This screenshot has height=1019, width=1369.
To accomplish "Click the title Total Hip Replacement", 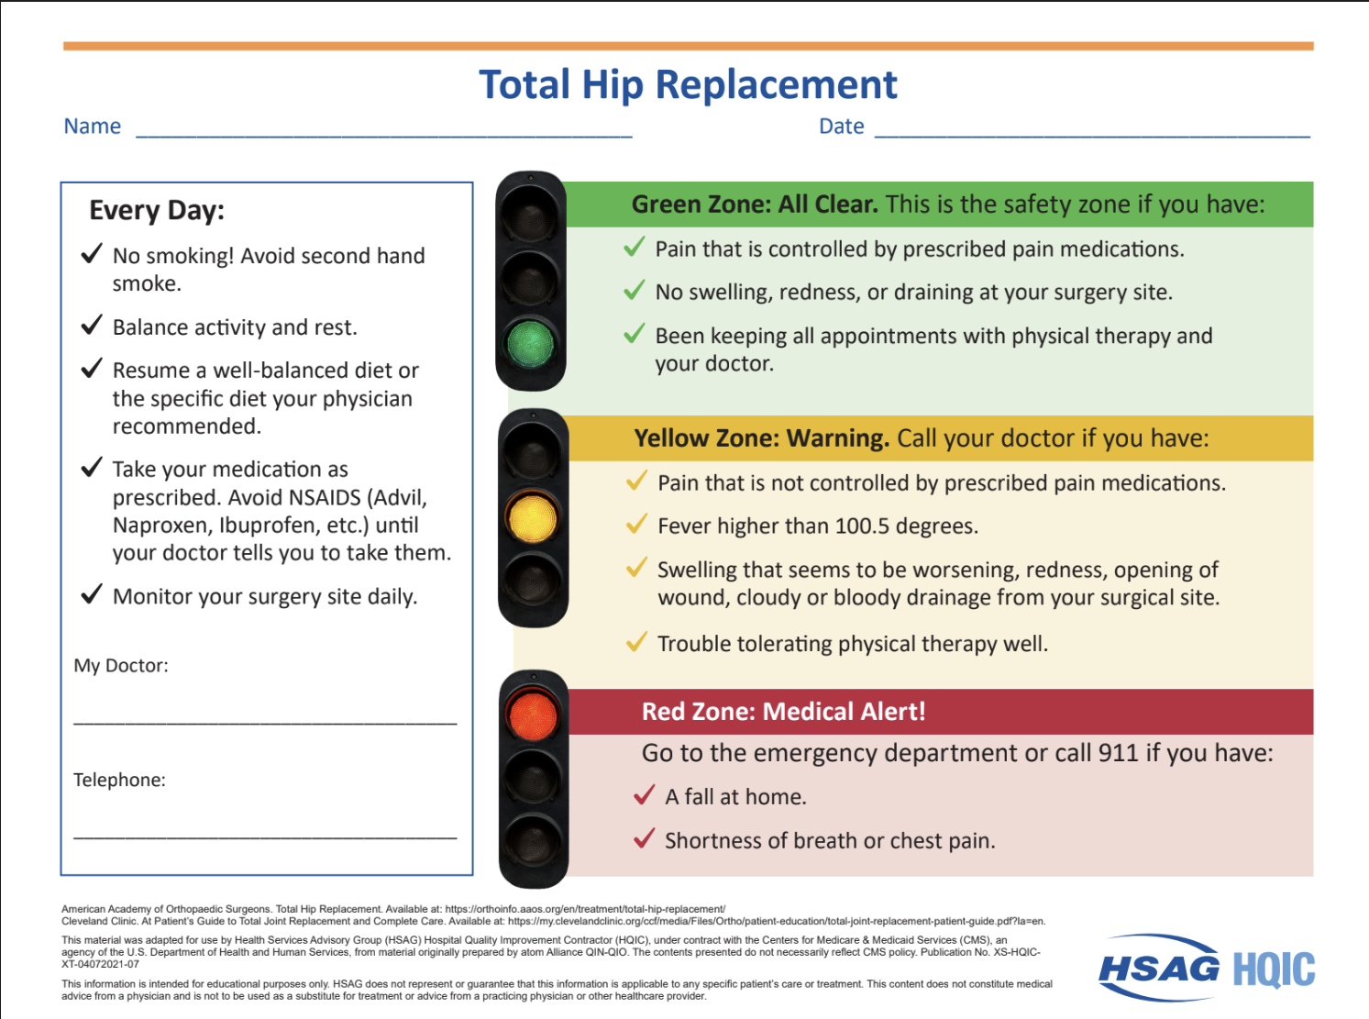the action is pos(688,84).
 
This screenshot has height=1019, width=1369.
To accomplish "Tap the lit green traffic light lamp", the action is pos(530,343).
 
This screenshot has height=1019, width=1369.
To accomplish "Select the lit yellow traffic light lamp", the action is pos(532,517).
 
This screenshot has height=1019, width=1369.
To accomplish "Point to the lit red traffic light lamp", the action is pos(532,715).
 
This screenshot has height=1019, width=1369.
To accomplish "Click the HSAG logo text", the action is pos(1159,969).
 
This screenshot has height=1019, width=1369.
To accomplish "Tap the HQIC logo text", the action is pos(1274,969).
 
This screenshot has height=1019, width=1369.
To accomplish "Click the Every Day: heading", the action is pos(157,211).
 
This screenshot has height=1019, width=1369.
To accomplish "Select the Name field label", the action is pos(92,126).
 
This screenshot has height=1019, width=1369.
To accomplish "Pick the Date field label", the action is pos(841,126).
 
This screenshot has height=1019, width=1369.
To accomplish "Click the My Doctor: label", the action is pos(121,665).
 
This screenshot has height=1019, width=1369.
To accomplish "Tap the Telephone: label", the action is pos(120,780).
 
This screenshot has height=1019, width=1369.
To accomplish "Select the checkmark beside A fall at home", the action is pos(644,795).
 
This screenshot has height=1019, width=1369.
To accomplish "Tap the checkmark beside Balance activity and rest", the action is pos(92,325).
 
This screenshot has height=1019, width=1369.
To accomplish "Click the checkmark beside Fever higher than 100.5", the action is pos(636,524).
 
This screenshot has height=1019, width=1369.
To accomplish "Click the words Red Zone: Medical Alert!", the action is pos(784,712).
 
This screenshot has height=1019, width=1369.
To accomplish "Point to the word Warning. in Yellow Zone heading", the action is pos(837,438).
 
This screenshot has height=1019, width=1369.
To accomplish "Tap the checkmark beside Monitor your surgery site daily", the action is pos(92,593).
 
